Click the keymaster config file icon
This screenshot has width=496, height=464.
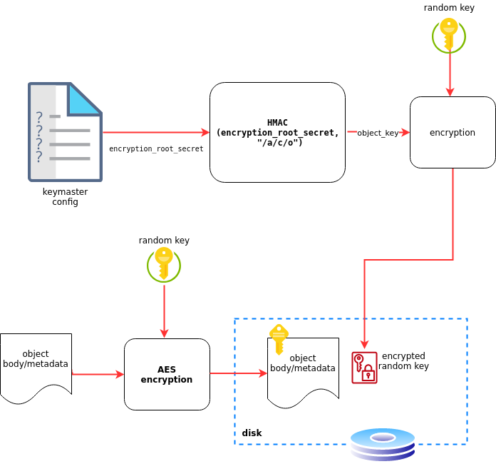(x=65, y=132)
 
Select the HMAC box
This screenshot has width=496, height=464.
(x=277, y=132)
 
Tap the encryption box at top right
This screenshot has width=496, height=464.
(x=453, y=133)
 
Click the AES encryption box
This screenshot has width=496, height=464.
(x=167, y=374)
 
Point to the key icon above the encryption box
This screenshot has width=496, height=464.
(x=449, y=35)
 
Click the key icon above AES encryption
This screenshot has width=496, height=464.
(x=164, y=264)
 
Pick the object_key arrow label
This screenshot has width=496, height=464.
(x=378, y=133)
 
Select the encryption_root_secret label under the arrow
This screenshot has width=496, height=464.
(x=156, y=149)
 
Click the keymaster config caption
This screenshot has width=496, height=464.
(x=65, y=196)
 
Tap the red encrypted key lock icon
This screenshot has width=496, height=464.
(x=364, y=368)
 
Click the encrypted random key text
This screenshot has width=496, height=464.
(x=403, y=361)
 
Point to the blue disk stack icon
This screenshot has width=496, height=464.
(x=383, y=444)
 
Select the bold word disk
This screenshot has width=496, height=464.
(x=252, y=433)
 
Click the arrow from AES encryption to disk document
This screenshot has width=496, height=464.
(x=238, y=373)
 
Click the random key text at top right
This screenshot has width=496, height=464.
(x=449, y=8)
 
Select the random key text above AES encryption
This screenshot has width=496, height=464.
(x=164, y=241)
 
